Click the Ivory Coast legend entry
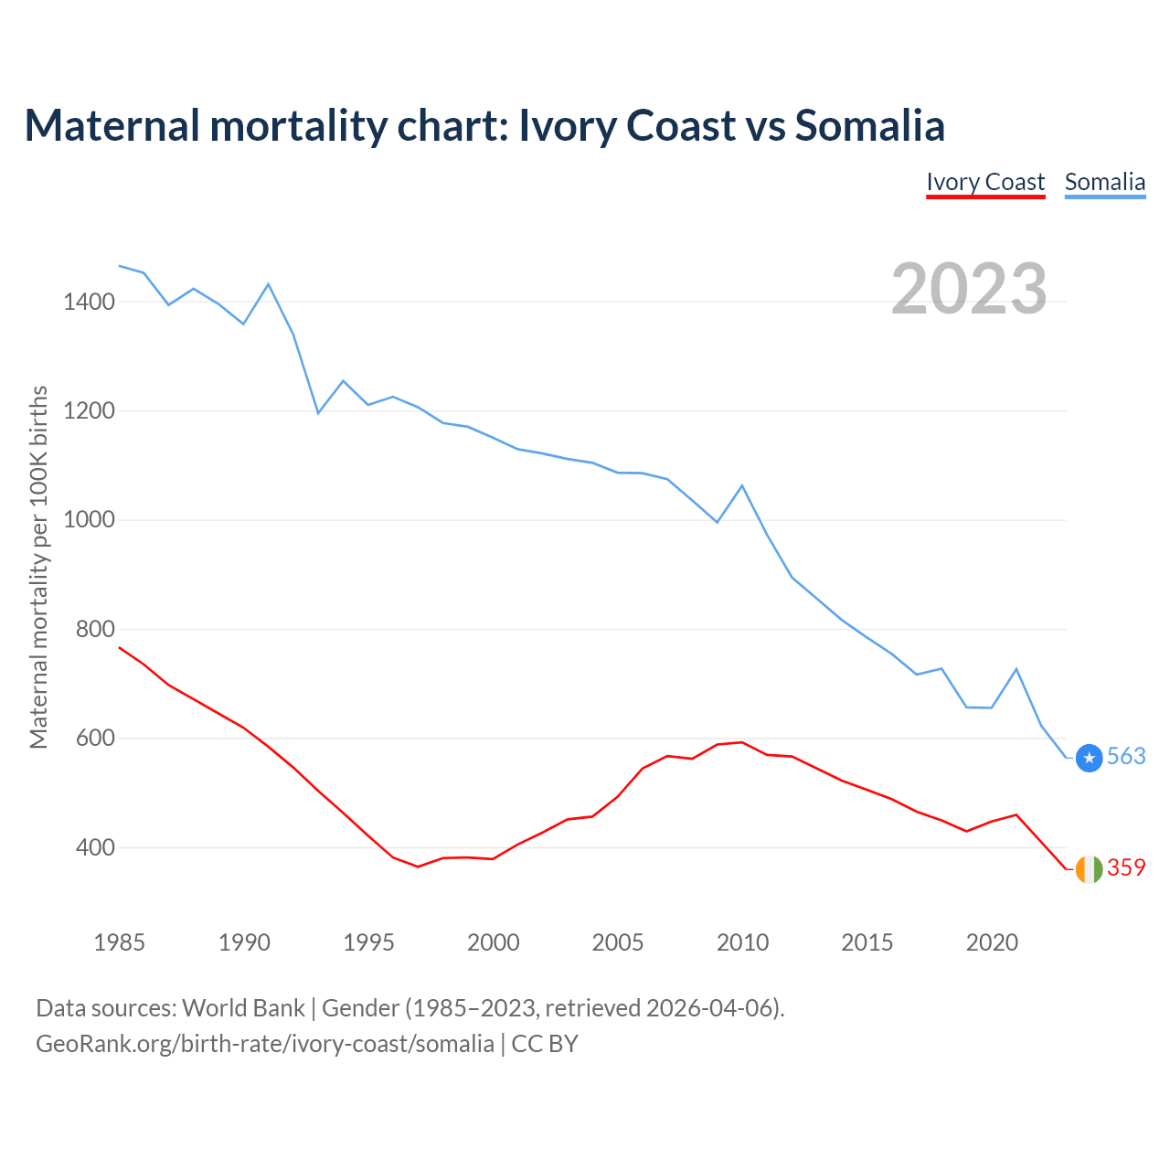tap(985, 182)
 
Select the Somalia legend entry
tap(1104, 182)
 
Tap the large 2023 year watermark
tap(969, 289)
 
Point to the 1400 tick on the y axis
tap(89, 302)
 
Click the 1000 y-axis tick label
tap(89, 520)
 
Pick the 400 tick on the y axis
tap(95, 848)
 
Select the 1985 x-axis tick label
tap(119, 942)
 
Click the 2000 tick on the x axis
tap(493, 942)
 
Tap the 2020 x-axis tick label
tap(992, 942)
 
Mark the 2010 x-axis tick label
tap(742, 942)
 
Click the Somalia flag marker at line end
tap(1089, 758)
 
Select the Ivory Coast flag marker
tap(1089, 869)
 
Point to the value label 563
tap(1126, 757)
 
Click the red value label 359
tap(1126, 867)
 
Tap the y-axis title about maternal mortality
tap(38, 567)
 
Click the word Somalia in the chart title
tap(869, 125)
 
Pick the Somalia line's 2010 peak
tap(742, 485)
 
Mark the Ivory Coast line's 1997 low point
tap(418, 867)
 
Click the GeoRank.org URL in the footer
tap(265, 1044)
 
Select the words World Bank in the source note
tap(243, 1008)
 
